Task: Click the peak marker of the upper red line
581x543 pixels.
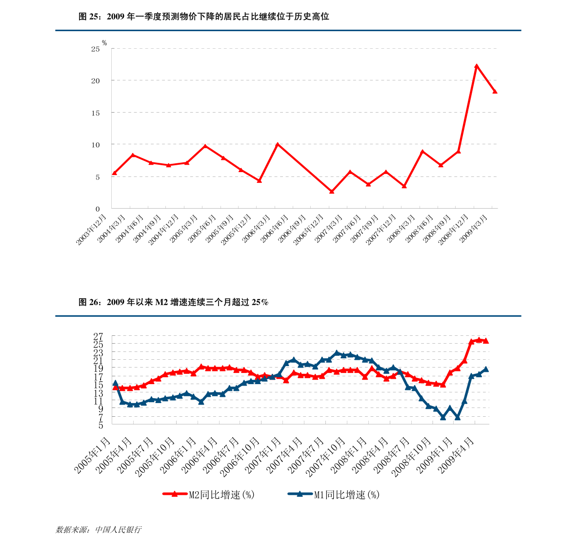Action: pyautogui.click(x=477, y=66)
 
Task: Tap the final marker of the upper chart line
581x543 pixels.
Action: pyautogui.click(x=495, y=91)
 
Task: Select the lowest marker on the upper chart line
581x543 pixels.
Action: pyautogui.click(x=332, y=192)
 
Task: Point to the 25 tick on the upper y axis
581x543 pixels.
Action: pyautogui.click(x=95, y=49)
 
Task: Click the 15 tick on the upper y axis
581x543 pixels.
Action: pyautogui.click(x=95, y=113)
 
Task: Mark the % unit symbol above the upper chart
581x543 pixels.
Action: pyautogui.click(x=104, y=43)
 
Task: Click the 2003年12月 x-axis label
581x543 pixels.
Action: pyautogui.click(x=92, y=229)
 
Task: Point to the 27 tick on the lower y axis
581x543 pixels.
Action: pyautogui.click(x=98, y=336)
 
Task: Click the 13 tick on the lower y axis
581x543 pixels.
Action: pyautogui.click(x=98, y=393)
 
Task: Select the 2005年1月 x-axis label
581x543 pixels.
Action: pyautogui.click(x=93, y=455)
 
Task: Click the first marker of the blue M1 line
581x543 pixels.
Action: pyautogui.click(x=115, y=383)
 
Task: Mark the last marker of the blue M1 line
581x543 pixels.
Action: pyautogui.click(x=486, y=369)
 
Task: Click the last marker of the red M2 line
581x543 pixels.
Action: pyautogui.click(x=486, y=341)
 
